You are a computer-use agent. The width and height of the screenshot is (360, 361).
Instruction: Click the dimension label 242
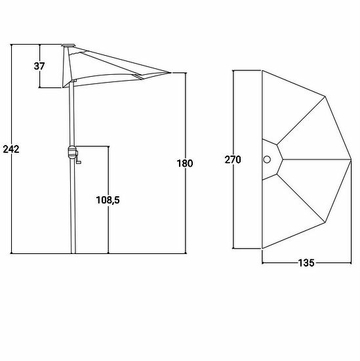click(11, 150)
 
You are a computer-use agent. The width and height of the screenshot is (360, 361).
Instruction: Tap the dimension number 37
click(39, 66)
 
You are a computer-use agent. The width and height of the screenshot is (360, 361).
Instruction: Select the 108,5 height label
click(108, 200)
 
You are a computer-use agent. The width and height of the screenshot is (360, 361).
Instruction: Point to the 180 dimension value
click(185, 163)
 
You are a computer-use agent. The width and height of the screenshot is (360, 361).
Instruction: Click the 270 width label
click(233, 159)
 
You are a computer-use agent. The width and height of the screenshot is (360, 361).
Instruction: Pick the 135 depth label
click(306, 263)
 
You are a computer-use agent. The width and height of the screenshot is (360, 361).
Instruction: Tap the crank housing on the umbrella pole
click(73, 152)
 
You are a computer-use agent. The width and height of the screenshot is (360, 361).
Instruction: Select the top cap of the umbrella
click(69, 46)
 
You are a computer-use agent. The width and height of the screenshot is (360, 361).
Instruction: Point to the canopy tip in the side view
click(170, 73)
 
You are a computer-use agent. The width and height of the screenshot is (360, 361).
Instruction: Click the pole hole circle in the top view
click(267, 159)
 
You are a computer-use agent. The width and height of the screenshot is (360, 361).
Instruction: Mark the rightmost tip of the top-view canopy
click(351, 159)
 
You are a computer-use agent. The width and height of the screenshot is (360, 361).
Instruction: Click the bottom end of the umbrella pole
click(73, 253)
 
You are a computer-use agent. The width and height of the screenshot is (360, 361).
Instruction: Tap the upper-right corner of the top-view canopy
click(325, 96)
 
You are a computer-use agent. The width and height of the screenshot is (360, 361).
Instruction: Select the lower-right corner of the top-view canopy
click(325, 223)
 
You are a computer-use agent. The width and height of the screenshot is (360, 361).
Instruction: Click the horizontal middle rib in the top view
click(317, 159)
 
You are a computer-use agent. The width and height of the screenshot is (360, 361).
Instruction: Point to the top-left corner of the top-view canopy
click(262, 70)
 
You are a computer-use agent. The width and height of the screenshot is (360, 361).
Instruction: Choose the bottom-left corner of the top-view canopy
click(262, 249)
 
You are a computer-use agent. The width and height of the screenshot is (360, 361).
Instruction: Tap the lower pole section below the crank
click(73, 206)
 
